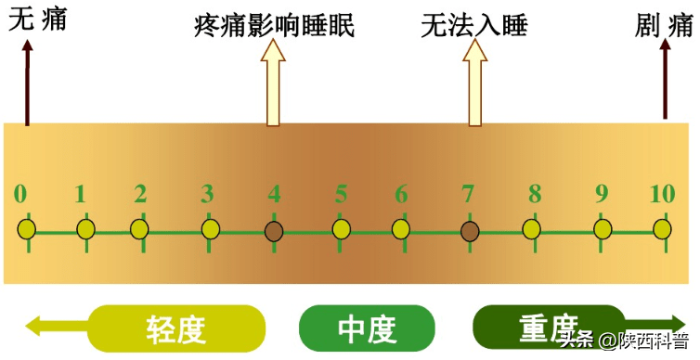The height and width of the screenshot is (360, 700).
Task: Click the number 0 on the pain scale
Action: [x=20, y=195]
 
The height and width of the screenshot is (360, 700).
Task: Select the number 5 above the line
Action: [x=342, y=195]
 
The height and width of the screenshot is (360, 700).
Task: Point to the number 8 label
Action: [x=535, y=195]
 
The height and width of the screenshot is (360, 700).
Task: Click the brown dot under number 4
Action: [x=274, y=229]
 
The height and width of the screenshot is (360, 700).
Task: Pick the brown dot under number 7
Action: [x=470, y=229]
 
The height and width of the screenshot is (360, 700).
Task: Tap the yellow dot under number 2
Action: [x=139, y=228]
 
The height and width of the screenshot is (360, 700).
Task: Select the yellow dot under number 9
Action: [x=603, y=228]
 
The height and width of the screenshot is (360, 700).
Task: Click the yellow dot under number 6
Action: [x=400, y=228]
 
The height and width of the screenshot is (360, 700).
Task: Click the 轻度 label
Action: [x=176, y=328]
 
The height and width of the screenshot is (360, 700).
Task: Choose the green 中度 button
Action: [x=367, y=328]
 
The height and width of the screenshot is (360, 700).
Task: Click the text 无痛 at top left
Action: [x=37, y=20]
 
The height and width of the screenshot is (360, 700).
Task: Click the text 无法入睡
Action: [x=473, y=25]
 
